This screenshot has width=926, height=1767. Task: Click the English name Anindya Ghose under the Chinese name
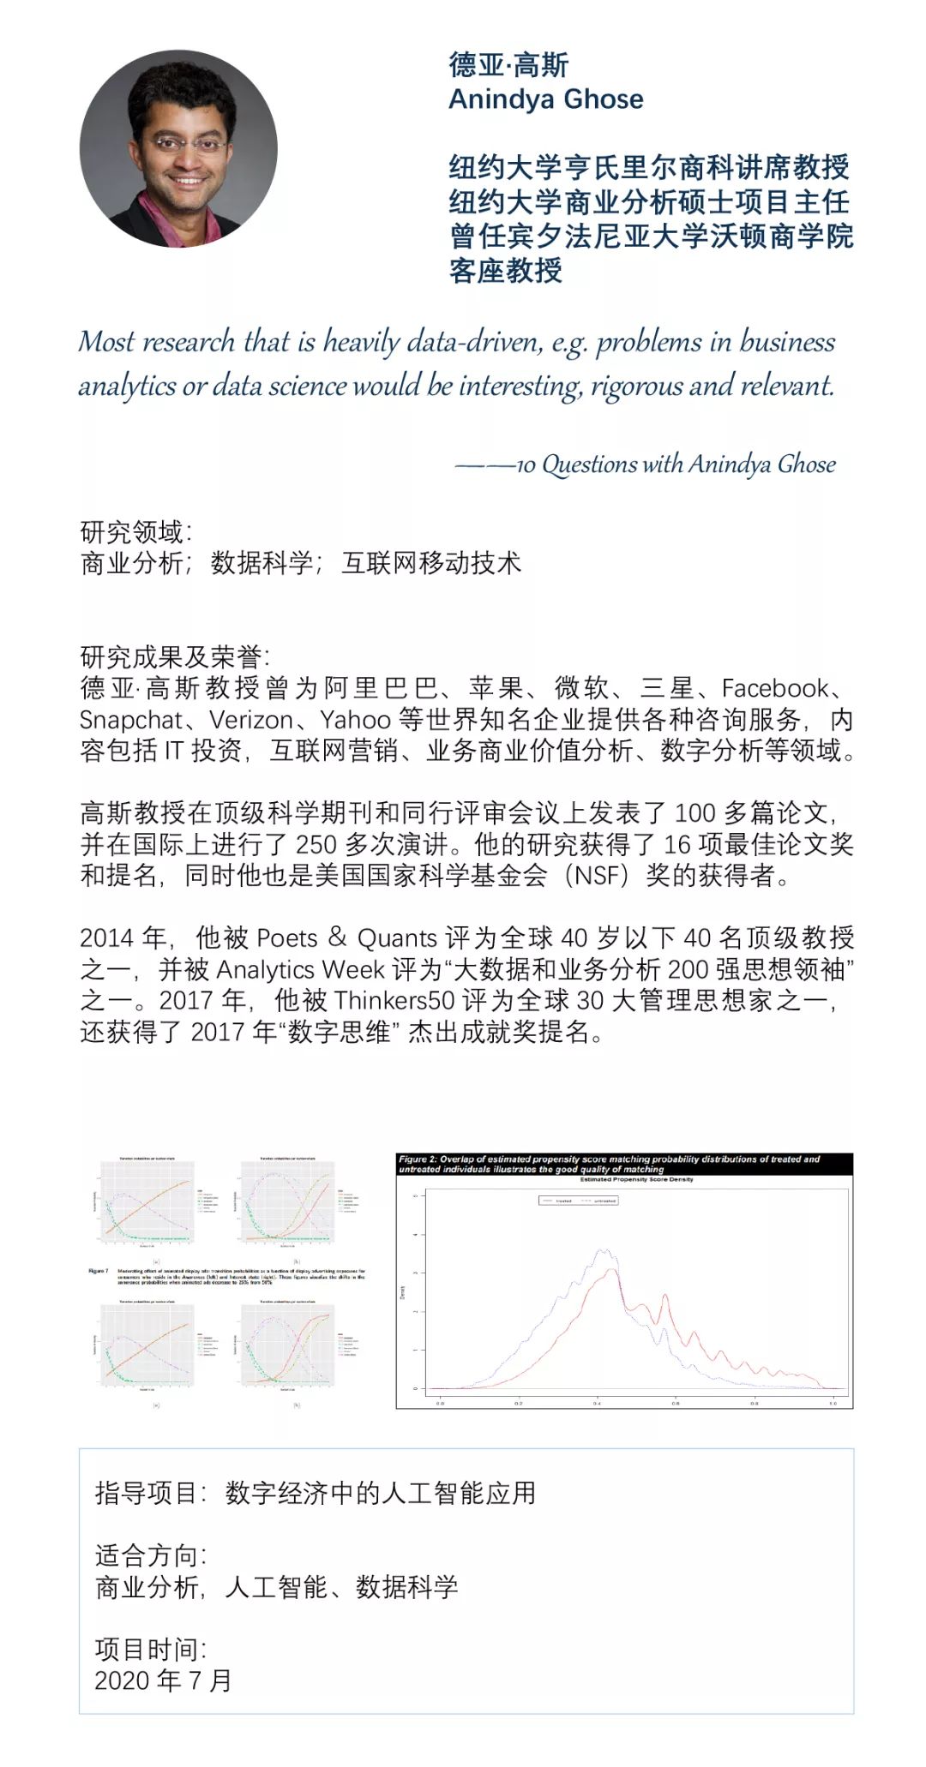coord(545,99)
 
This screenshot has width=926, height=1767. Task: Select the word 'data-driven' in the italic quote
coord(473,342)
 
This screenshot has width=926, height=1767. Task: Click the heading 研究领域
coord(133,532)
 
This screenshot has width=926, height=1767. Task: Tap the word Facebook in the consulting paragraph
coord(775,688)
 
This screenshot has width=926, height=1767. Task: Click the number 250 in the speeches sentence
coord(316,844)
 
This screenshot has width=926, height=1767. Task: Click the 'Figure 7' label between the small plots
coord(99,1271)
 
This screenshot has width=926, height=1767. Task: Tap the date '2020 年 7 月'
coord(163,1680)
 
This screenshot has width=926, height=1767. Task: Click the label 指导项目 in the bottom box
coord(147,1493)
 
